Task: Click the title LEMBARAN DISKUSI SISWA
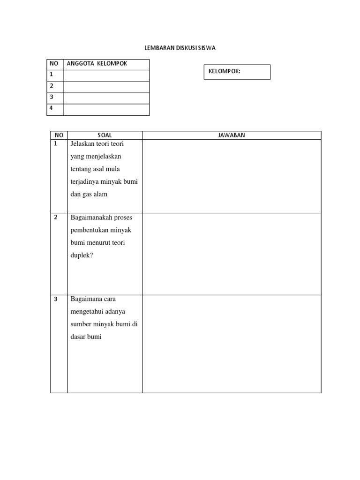tap(180, 48)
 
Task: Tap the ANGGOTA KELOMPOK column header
tap(97, 64)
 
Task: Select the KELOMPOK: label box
tap(237, 72)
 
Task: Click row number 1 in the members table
tap(52, 75)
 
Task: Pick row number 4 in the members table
tap(52, 108)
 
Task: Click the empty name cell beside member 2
tap(106, 87)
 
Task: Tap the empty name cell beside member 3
tap(106, 98)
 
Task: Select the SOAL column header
tap(105, 135)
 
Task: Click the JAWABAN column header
tap(232, 135)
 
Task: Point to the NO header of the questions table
tap(59, 135)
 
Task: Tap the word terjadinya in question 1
tap(87, 181)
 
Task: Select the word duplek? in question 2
tap(82, 255)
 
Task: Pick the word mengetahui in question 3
tap(87, 311)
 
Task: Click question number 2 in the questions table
tap(56, 217)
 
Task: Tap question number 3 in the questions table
tap(56, 299)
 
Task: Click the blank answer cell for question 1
tap(232, 176)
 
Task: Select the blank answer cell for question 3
tap(232, 344)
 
